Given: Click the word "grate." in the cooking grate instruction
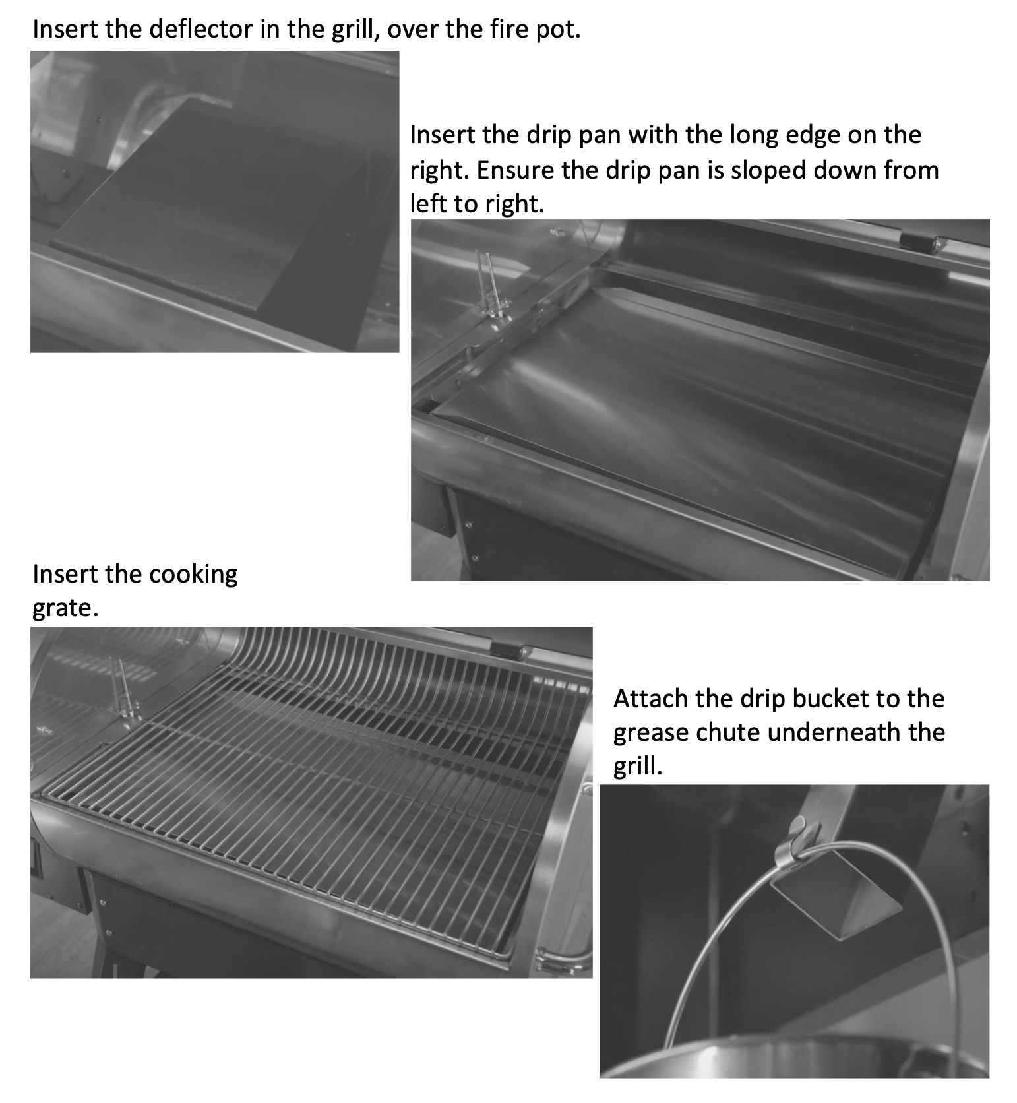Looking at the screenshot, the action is tap(65, 608).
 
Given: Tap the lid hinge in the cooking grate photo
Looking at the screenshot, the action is tap(510, 648).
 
